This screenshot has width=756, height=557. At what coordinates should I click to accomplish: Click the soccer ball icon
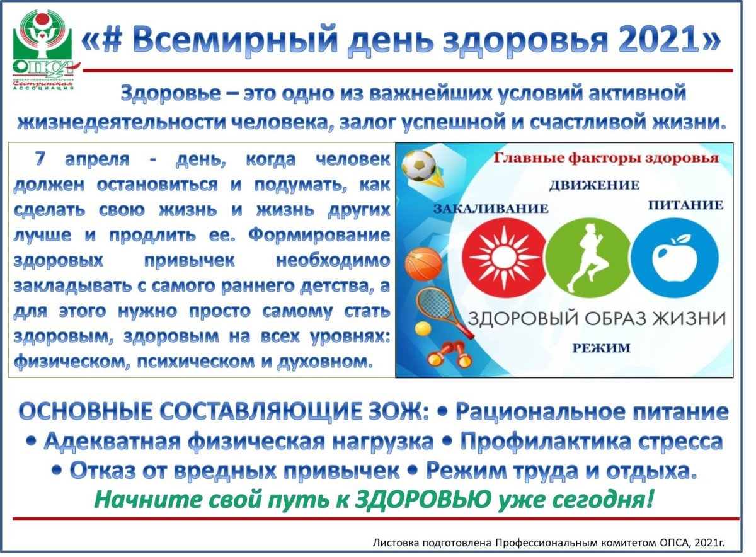pyautogui.click(x=418, y=164)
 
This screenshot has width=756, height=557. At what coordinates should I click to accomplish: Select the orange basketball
pyautogui.click(x=423, y=264)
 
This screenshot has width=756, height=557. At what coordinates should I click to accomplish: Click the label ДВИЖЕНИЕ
pyautogui.click(x=593, y=185)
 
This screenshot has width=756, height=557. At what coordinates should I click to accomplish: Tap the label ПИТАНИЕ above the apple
pyautogui.click(x=686, y=205)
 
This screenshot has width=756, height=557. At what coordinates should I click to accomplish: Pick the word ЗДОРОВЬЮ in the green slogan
pyautogui.click(x=423, y=500)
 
